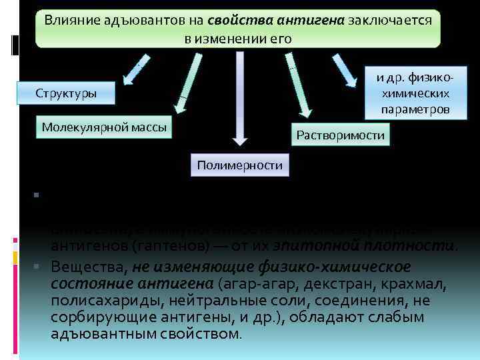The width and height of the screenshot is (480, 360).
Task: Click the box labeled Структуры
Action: (x=66, y=93)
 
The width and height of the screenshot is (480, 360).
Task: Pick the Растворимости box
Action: (x=340, y=135)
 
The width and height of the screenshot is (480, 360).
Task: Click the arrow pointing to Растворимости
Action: (x=298, y=87)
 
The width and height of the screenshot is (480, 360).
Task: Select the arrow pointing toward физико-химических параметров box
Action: (x=345, y=70)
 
